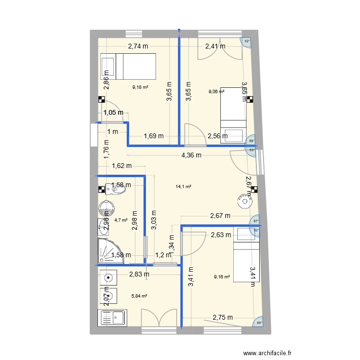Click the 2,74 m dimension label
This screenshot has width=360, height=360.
(138, 47)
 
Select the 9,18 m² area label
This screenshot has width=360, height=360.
(140, 87)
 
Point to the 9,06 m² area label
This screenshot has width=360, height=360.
(216, 91)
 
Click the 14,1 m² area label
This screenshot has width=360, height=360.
(184, 187)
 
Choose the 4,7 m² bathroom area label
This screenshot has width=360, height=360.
(121, 220)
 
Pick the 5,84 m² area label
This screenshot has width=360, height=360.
(140, 296)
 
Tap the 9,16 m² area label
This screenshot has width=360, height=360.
(222, 276)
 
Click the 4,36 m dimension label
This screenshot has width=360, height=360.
(191, 155)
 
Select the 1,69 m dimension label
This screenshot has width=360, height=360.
(154, 136)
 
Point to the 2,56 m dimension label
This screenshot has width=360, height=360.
(217, 136)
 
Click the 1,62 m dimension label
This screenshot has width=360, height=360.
(121, 167)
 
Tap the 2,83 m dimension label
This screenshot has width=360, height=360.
(139, 275)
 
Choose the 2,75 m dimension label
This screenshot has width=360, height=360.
(223, 317)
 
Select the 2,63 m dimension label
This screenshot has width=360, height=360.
(221, 235)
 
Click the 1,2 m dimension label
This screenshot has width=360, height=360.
(163, 255)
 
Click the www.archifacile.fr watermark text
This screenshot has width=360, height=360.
(267, 353)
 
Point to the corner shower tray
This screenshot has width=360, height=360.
(108, 251)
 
